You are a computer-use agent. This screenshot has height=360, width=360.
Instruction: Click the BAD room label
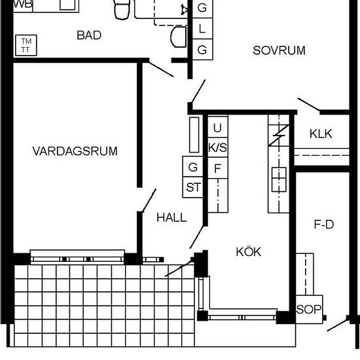click(89, 35)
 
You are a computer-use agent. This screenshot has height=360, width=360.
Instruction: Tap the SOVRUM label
click(279, 50)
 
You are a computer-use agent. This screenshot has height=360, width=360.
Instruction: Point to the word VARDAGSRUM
click(75, 151)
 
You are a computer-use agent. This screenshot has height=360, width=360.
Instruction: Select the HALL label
click(171, 218)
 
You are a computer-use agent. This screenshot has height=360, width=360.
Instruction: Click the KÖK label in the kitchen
click(249, 251)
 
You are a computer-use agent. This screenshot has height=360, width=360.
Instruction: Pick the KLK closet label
click(321, 134)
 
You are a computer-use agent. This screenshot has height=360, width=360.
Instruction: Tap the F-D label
click(324, 225)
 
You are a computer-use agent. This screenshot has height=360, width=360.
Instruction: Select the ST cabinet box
click(193, 187)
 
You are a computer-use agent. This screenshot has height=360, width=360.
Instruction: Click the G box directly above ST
click(193, 168)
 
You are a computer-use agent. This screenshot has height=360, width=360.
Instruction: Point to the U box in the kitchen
click(217, 128)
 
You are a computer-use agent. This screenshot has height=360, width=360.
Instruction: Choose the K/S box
click(217, 148)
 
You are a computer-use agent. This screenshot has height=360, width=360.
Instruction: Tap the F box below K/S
click(217, 168)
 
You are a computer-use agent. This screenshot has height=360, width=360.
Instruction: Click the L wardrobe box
click(202, 29)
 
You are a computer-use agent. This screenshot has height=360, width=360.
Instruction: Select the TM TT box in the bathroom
click(27, 45)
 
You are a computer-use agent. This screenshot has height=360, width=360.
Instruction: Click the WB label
click(22, 4)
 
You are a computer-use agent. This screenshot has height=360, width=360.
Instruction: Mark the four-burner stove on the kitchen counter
click(279, 178)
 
